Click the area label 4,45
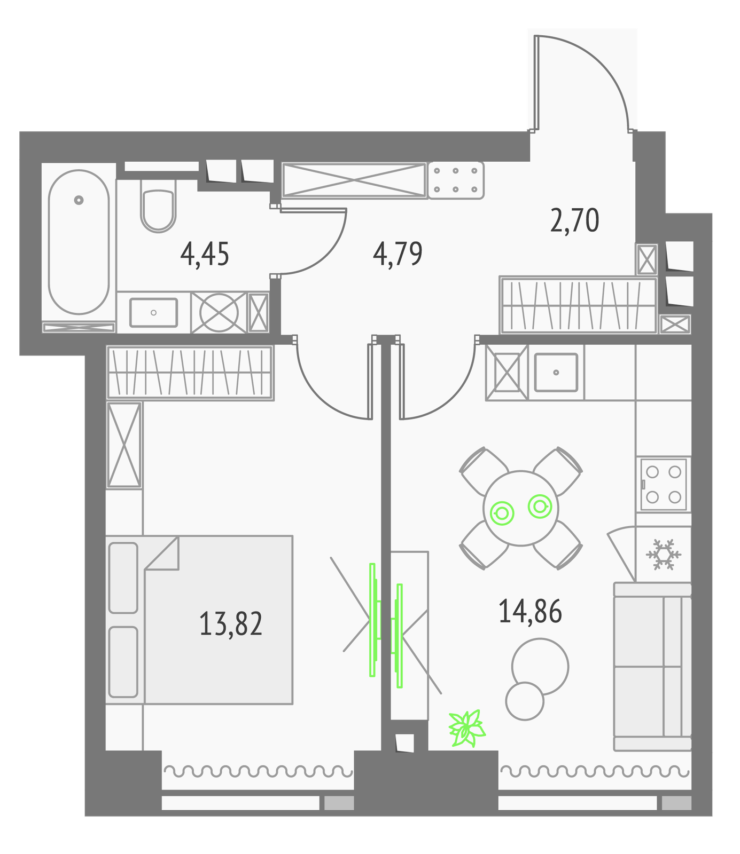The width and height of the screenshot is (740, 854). click(x=205, y=254)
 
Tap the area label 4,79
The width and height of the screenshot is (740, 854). click(x=398, y=254)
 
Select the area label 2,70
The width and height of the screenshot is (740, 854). click(x=575, y=220)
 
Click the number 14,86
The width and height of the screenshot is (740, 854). click(x=530, y=611)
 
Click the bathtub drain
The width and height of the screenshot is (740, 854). click(x=79, y=200)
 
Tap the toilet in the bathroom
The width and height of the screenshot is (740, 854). click(x=158, y=205)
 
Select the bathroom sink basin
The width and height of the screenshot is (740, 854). click(x=154, y=313)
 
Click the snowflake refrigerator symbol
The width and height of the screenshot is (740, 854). click(x=663, y=554)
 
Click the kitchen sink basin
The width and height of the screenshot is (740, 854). click(x=556, y=372)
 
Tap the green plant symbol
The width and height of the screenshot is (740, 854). click(x=467, y=728)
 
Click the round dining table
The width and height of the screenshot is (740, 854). click(x=521, y=508)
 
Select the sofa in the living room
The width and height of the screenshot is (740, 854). click(x=652, y=667)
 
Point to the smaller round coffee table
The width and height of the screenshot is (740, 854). click(x=525, y=701)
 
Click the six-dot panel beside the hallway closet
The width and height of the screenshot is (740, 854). click(x=456, y=180)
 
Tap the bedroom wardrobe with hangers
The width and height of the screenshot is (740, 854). click(x=190, y=373)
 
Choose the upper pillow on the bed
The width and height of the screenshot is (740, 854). click(x=123, y=578)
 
